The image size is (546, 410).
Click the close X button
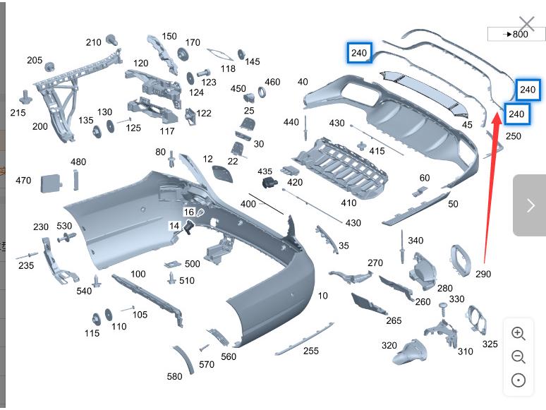[526, 25]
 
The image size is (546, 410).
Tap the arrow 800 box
[516, 34]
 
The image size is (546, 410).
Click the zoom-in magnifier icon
[518, 334]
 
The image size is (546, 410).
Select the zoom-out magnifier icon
[518, 357]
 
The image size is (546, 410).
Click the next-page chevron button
[530, 205]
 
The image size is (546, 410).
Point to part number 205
[35, 61]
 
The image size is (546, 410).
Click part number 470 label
[23, 181]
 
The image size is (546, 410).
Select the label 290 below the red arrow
[483, 274]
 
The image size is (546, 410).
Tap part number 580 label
[174, 377]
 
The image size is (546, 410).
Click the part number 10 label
[322, 296]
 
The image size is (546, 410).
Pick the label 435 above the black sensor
[265, 171]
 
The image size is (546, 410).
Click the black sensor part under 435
[269, 183]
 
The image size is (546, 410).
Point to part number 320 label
[389, 346]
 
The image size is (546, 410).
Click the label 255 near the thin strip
[311, 351]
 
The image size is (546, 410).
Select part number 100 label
[138, 274]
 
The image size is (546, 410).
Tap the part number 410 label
[348, 203]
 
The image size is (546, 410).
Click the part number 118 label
[228, 69]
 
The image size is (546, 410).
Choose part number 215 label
[18, 113]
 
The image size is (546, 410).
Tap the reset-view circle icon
[518, 380]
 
